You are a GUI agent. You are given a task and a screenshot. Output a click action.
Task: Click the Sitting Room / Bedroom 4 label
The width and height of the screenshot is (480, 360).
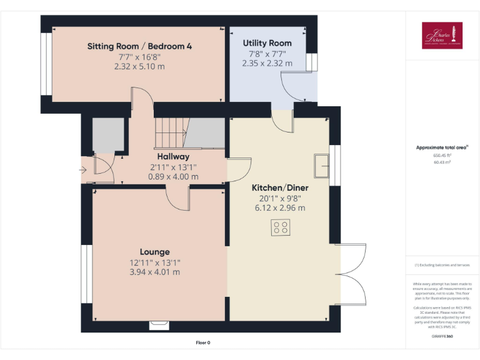[x=139, y=46]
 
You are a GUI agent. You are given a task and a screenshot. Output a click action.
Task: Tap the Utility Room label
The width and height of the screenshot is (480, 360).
[x=267, y=43]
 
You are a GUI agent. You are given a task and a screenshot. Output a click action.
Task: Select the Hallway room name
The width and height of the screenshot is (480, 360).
[x=173, y=156]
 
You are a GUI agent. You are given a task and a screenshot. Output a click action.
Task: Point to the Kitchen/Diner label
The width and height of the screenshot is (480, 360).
[x=280, y=187]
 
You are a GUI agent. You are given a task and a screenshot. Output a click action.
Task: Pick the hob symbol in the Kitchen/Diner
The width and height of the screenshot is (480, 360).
[x=281, y=227]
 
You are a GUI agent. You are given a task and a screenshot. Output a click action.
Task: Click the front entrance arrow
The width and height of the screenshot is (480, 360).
[x=83, y=169]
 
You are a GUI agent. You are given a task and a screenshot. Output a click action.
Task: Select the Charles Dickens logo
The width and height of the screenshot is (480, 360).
[x=442, y=36]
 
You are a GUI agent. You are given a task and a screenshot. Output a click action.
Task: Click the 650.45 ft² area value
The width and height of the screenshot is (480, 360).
[x=442, y=155]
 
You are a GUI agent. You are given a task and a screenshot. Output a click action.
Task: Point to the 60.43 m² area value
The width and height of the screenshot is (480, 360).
[x=442, y=161]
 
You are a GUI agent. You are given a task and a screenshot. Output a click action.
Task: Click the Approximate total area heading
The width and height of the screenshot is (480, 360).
[x=442, y=147]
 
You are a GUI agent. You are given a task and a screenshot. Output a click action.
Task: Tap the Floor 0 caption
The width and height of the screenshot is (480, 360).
[x=203, y=342]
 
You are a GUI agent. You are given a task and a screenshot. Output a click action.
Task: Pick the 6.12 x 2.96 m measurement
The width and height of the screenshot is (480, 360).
[x=280, y=207]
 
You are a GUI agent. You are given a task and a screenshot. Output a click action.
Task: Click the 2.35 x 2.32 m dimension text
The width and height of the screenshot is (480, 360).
[x=267, y=63]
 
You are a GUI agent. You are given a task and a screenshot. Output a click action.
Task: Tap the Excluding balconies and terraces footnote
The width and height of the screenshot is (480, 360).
[x=442, y=265]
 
